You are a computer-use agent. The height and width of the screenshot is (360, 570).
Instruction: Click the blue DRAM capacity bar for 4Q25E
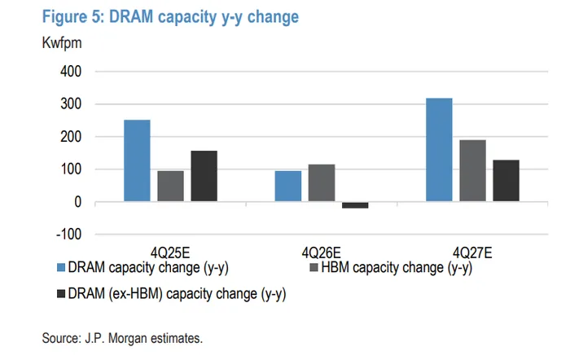[137, 160]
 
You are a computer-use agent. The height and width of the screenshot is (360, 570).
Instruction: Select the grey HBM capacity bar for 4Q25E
[170, 186]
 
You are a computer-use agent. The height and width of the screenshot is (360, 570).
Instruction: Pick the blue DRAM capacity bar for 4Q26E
[287, 186]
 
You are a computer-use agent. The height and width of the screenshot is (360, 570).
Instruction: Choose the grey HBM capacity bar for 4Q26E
[321, 182]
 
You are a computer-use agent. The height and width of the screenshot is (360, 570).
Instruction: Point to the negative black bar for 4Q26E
[354, 205]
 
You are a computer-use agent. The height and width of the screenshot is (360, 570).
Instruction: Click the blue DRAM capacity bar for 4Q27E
[439, 150]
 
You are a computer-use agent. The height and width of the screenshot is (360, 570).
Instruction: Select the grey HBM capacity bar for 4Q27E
[472, 170]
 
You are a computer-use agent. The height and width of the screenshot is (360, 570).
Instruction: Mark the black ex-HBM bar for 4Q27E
[506, 181]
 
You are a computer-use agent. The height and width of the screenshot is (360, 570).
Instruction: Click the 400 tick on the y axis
[71, 72]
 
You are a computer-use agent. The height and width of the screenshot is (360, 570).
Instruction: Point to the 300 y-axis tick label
[71, 104]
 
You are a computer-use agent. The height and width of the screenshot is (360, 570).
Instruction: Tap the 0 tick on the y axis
[77, 202]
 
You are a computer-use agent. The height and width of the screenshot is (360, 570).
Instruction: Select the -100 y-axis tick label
[68, 235]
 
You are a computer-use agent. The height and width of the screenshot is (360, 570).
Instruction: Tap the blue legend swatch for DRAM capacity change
[61, 267]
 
